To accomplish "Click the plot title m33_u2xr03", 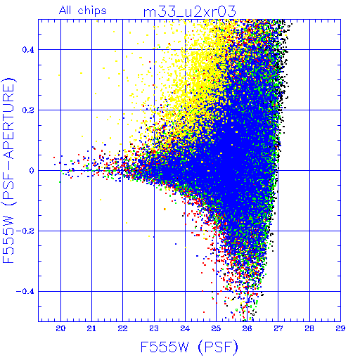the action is (x=189, y=12).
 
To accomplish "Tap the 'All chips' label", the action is (x=83, y=11).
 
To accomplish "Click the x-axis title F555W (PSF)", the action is (x=189, y=347).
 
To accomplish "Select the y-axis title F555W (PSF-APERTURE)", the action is (x=8, y=170).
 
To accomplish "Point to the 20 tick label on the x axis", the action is (x=60, y=328).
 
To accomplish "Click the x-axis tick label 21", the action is (x=91, y=328).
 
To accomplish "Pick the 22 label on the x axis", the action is (x=122, y=328).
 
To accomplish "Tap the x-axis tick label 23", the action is (x=154, y=328).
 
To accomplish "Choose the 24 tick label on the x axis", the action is (x=185, y=328).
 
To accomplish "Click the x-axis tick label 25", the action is (x=216, y=328).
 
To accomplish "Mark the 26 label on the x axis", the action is (x=247, y=328).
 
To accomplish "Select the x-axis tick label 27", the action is (x=278, y=328).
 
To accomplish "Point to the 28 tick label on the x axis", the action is (x=309, y=328).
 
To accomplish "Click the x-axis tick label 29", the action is (x=340, y=328).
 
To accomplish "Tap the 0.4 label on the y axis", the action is (x=28, y=49).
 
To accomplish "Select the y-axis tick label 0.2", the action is (x=28, y=110).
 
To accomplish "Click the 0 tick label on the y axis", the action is (x=32, y=170).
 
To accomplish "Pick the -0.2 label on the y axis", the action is (x=25, y=231).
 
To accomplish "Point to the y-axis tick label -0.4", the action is (x=25, y=291).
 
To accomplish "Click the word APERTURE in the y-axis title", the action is (x=8, y=122).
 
